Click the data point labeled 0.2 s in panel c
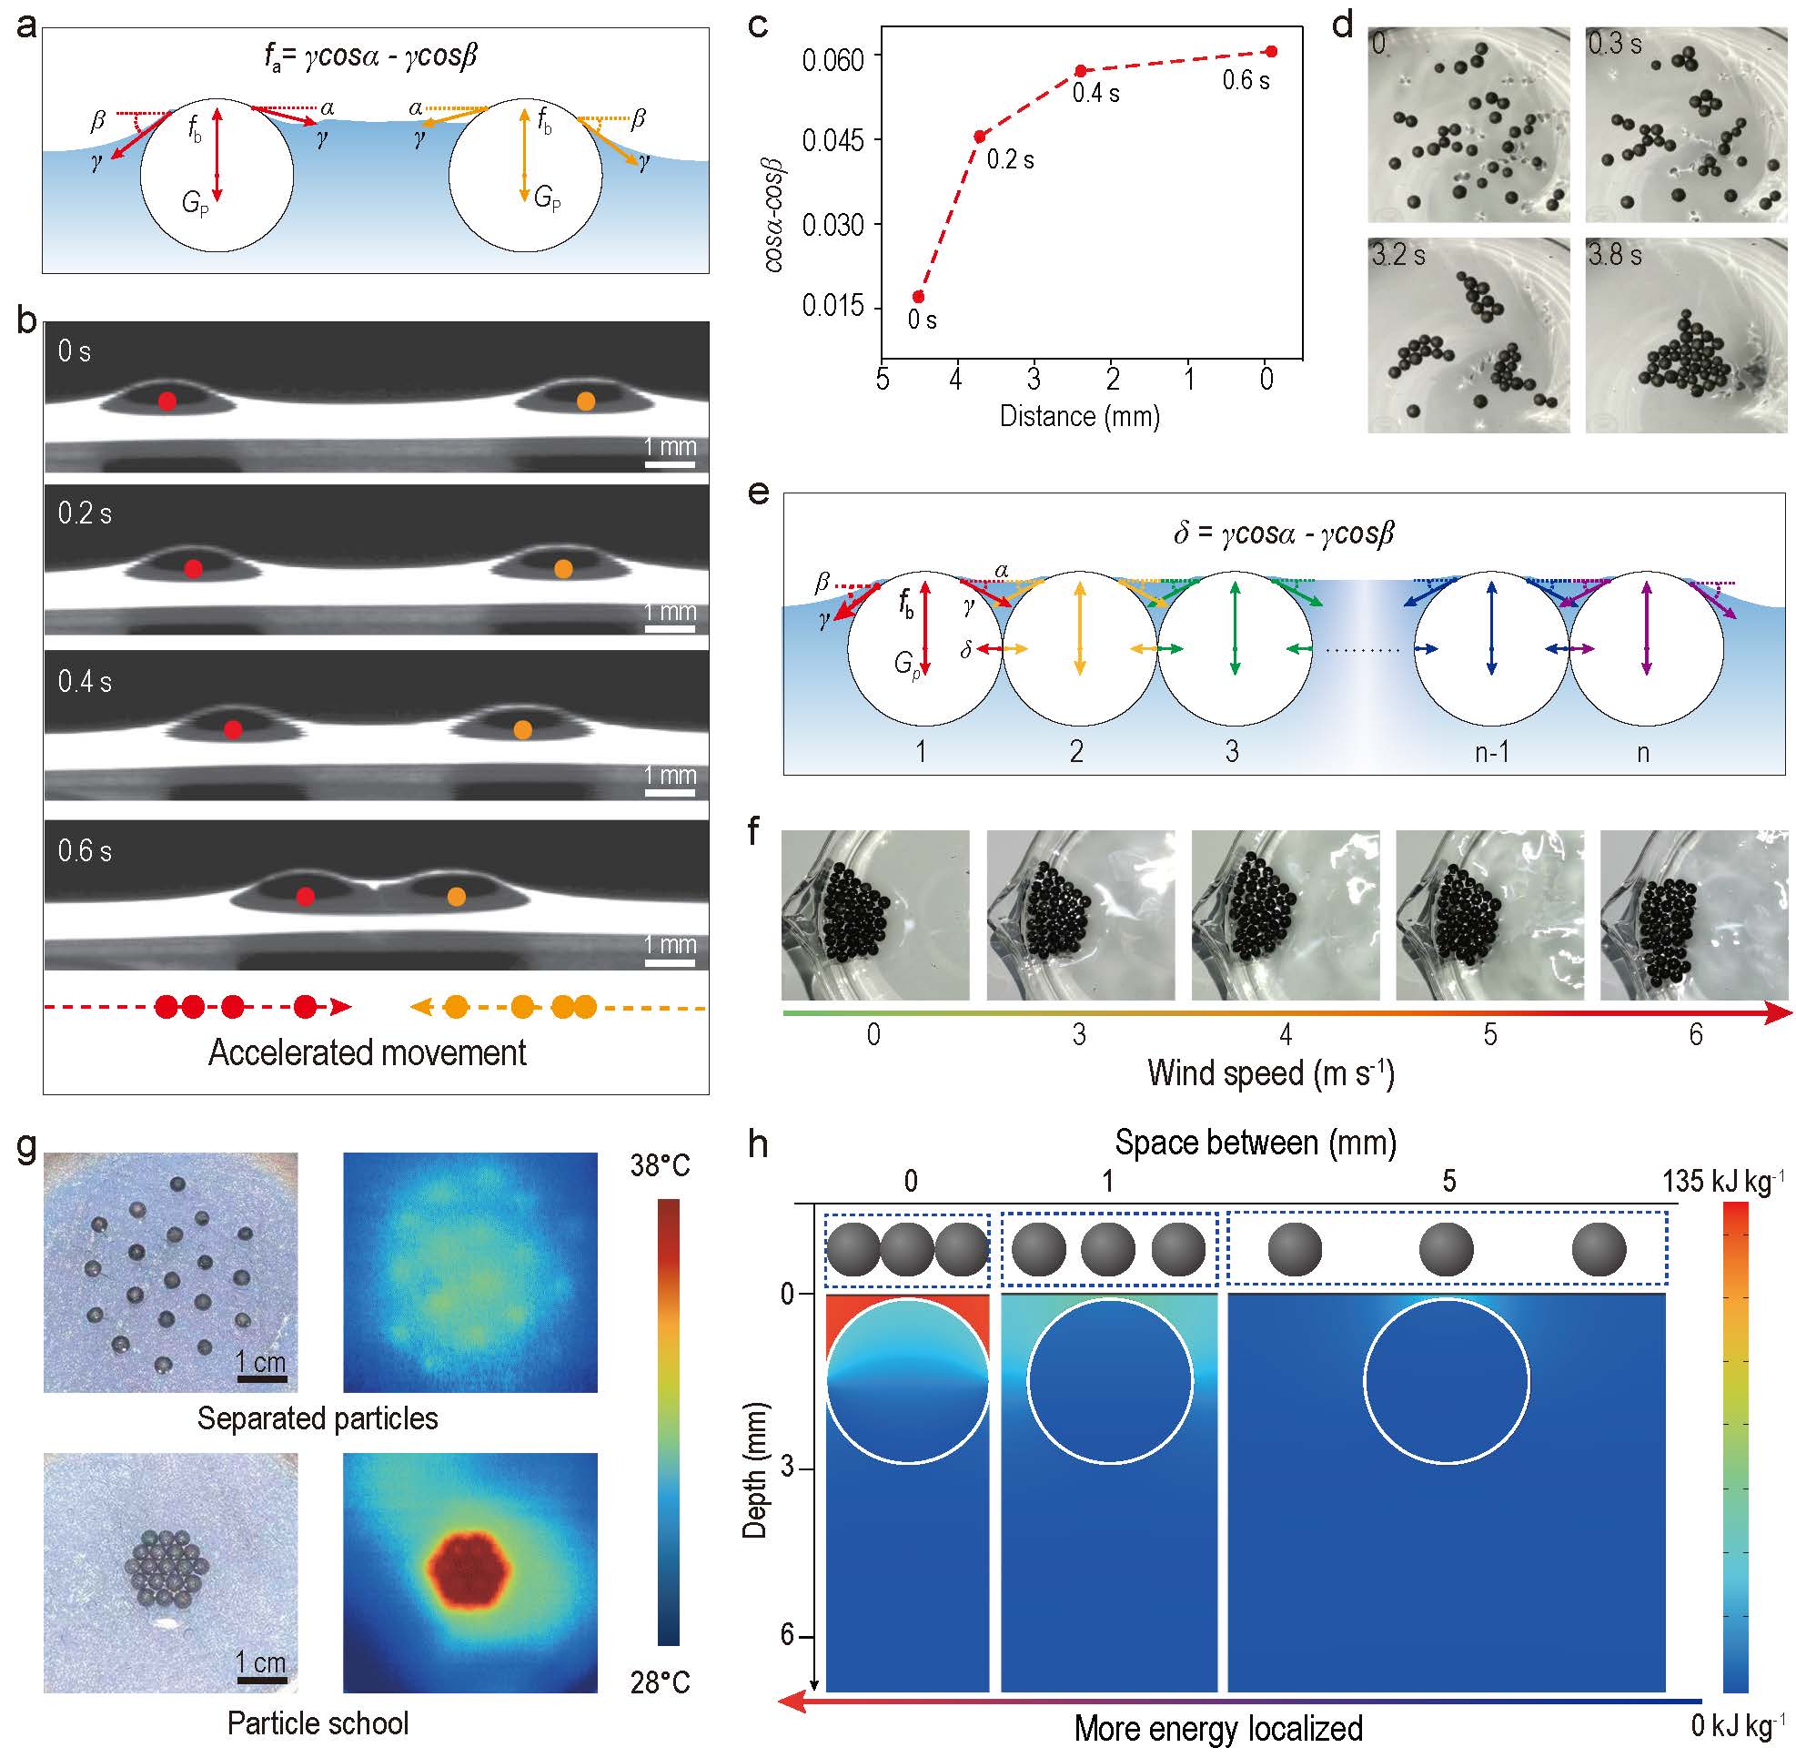979,137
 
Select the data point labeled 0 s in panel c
918,297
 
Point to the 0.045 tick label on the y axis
832,141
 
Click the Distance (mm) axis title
1079,416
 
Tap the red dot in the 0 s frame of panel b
167,401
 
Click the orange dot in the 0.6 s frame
456,896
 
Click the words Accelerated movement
368,1052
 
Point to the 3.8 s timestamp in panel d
1614,255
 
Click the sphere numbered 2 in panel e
1079,648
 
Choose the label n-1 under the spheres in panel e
1491,753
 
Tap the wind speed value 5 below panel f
1490,1035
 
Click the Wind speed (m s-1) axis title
1270,1073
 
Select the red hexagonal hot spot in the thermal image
469,1570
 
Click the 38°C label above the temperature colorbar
660,1166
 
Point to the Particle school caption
318,1723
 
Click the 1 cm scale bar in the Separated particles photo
261,1378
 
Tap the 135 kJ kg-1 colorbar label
1722,1181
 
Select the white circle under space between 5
1447,1381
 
